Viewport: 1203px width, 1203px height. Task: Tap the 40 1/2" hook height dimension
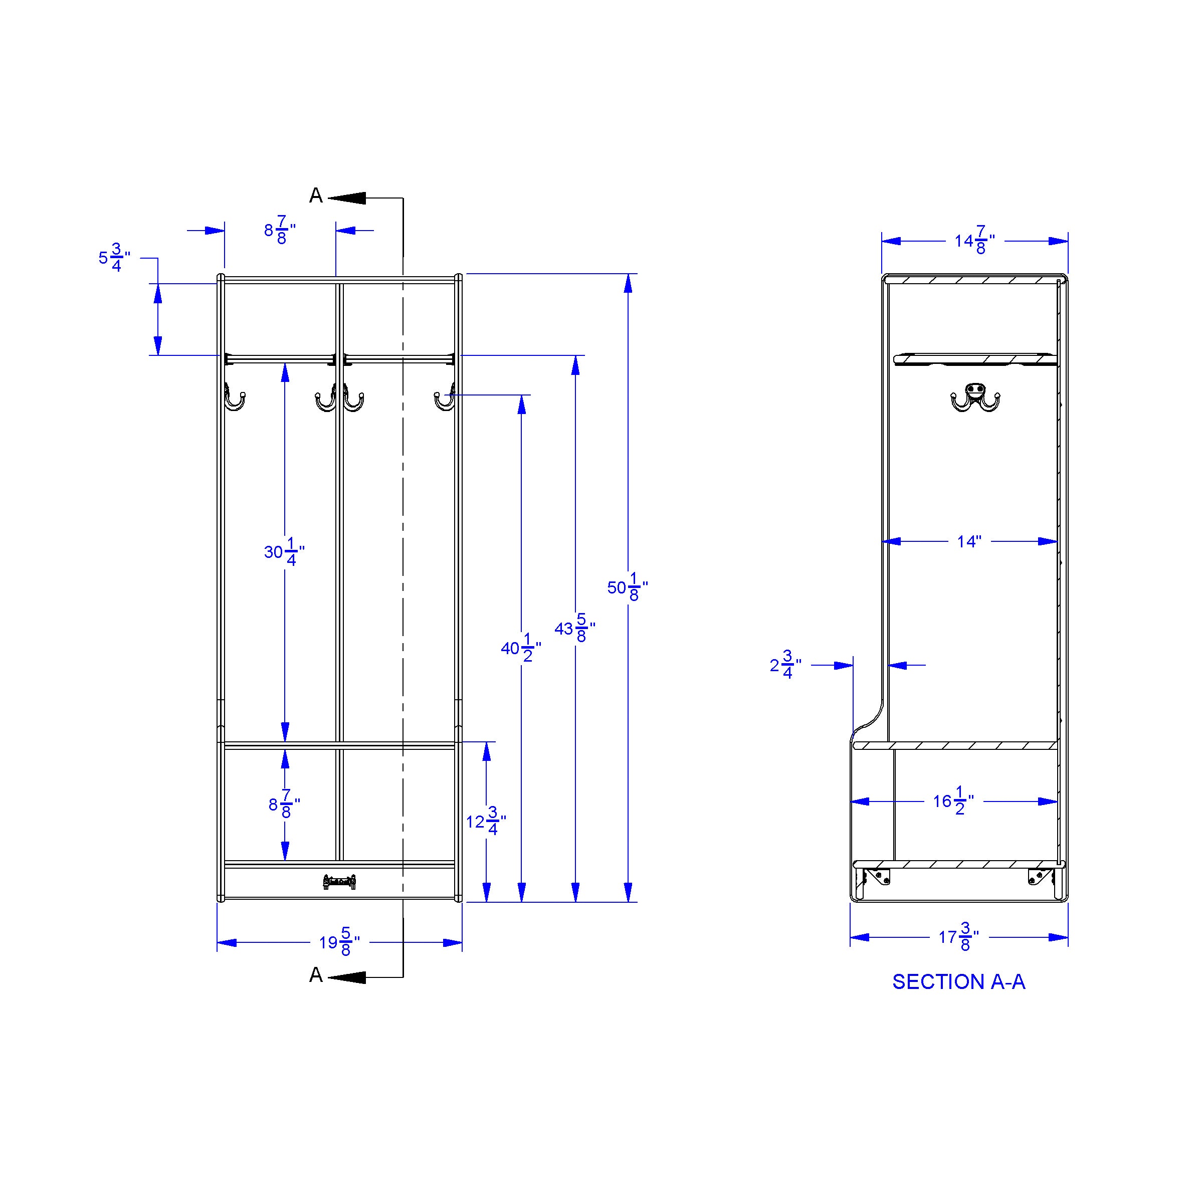[x=521, y=648]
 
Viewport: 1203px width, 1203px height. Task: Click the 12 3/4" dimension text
[x=486, y=822]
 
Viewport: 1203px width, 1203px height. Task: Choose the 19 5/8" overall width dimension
[x=339, y=942]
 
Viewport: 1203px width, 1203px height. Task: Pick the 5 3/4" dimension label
[x=115, y=258]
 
